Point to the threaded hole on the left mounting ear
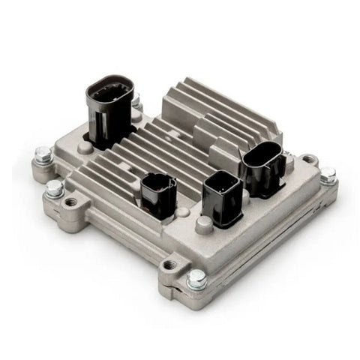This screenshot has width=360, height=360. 72,202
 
